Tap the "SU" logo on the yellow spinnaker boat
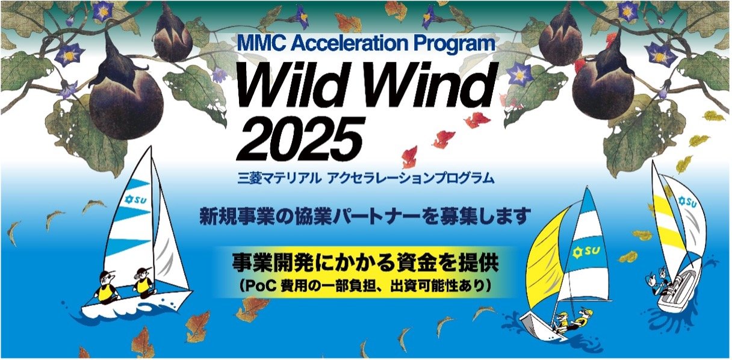(586, 251)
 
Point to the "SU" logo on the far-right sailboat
(687, 202)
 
